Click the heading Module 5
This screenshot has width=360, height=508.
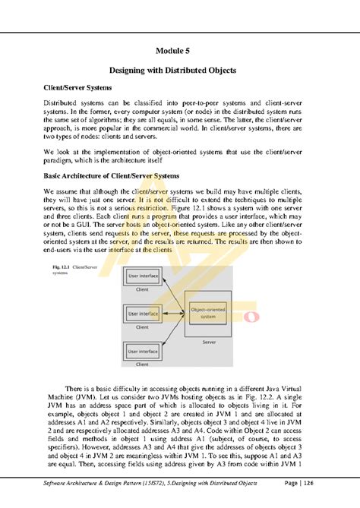179,52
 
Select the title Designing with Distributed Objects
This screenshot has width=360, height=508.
179,71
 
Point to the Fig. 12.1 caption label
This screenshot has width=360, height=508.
64,268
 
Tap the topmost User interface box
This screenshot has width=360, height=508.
142,277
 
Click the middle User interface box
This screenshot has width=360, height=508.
142,314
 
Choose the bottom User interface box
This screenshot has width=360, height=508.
142,352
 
